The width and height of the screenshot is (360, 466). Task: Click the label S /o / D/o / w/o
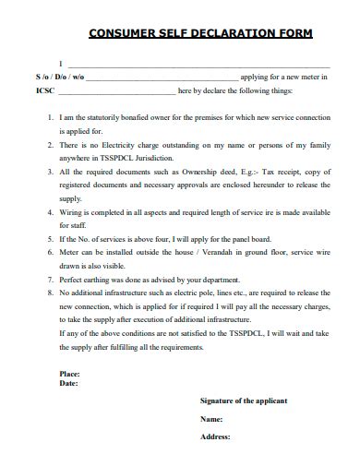point(60,78)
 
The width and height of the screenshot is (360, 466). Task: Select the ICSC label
point(45,91)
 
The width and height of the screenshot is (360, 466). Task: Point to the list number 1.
point(50,118)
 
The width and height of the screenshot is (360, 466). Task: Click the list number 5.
point(50,238)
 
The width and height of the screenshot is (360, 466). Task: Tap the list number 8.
point(50,292)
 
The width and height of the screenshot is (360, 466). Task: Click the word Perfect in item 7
point(72,278)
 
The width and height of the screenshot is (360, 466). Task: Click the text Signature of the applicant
point(244,400)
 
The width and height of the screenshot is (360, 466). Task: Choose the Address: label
point(215,436)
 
